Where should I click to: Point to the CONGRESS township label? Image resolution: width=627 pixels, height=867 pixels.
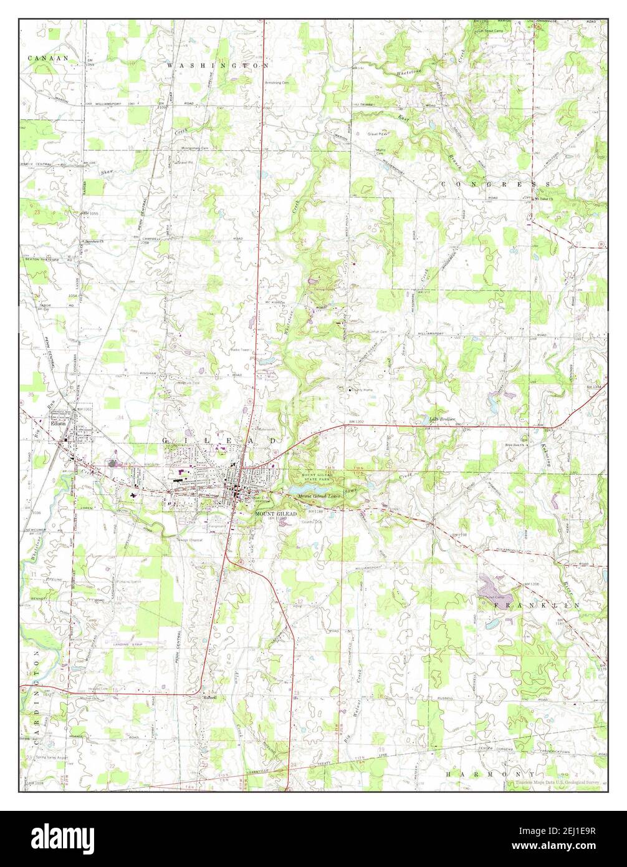click(496, 185)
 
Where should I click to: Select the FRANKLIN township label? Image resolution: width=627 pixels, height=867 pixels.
click(537, 605)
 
